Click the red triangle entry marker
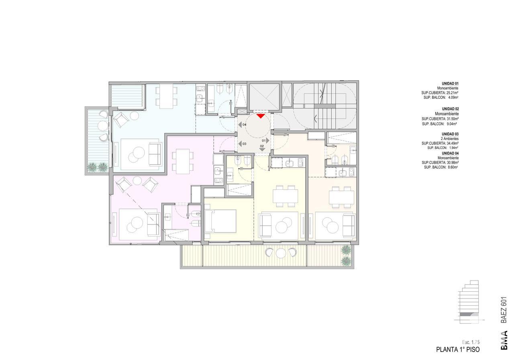[261, 116]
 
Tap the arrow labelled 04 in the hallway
[240, 125]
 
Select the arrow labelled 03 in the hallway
[240, 144]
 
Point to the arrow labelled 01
[268, 140]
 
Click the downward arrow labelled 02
[262, 150]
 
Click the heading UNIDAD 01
[450, 84]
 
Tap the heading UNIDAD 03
[450, 134]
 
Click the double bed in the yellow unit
[220, 221]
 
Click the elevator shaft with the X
[264, 97]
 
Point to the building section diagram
[469, 302]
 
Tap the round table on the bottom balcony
[281, 253]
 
